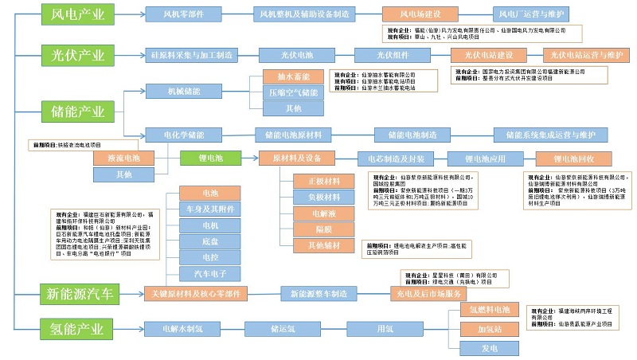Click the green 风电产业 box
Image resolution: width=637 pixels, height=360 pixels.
point(77,14)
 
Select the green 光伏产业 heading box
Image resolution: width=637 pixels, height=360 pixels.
point(77,55)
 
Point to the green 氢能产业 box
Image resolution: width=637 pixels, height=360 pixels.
point(77,327)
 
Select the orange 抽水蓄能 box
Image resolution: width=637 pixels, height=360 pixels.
point(292,77)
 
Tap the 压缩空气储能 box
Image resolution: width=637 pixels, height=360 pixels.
point(292,93)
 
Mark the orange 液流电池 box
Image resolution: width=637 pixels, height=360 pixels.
point(123,158)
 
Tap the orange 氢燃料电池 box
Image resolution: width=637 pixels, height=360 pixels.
point(488,308)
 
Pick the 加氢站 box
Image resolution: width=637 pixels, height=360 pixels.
point(488,328)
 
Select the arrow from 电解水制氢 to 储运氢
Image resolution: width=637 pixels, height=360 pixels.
point(232,328)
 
